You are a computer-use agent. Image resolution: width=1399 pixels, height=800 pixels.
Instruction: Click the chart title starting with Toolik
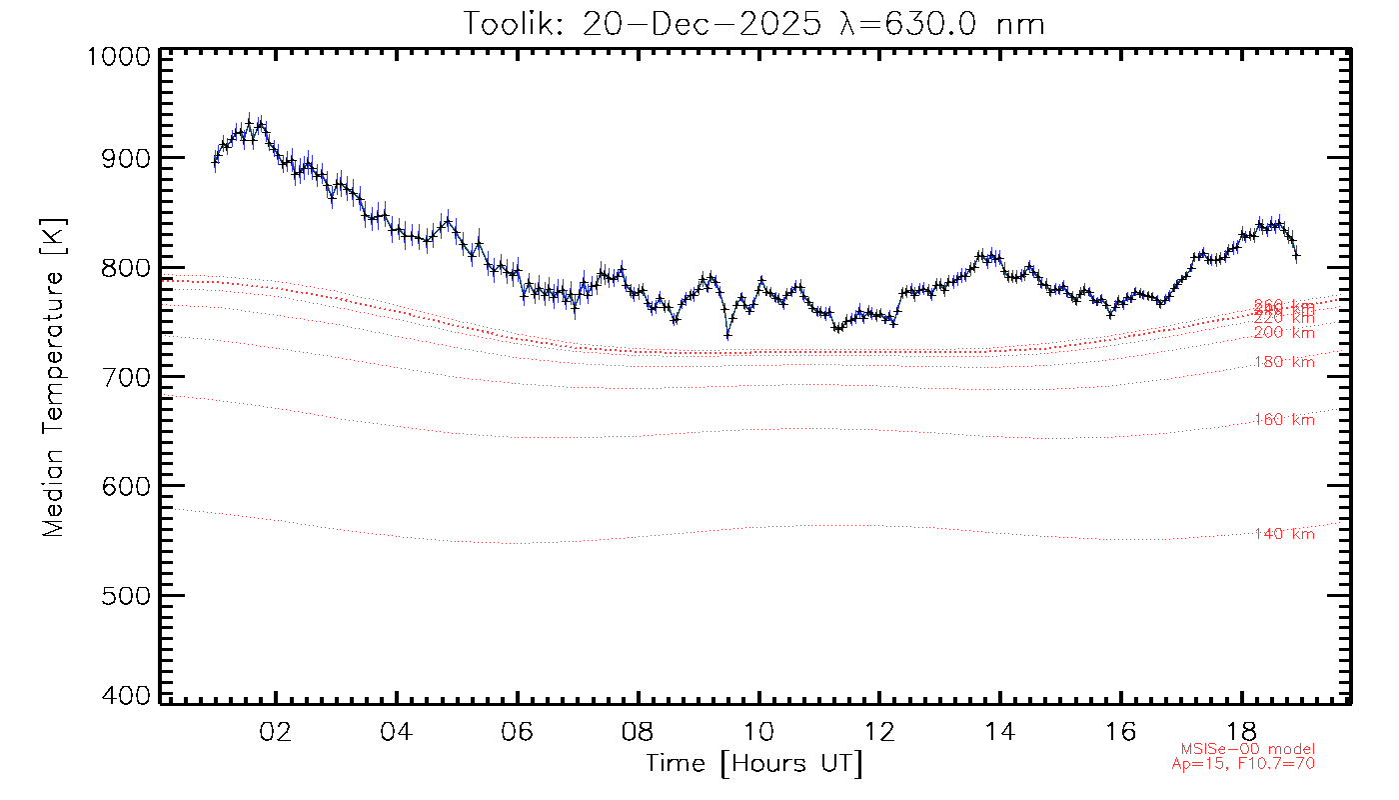754,22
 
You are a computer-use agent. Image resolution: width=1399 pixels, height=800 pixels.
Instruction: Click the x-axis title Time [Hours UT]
754,764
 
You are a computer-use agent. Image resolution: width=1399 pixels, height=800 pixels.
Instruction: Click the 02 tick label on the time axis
276,730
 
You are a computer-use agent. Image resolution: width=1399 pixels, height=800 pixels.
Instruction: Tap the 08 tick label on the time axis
639,730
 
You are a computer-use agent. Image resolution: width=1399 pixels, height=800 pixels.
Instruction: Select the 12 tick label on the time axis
879,730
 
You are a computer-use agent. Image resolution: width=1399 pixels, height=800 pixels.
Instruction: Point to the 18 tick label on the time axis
1242,730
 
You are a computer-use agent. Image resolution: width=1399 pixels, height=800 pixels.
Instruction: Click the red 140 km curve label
1284,535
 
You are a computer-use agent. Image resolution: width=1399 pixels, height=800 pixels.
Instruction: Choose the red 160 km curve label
1284,421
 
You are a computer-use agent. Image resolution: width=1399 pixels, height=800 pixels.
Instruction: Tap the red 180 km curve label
1284,363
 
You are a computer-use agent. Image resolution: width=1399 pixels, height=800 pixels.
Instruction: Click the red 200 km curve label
1284,333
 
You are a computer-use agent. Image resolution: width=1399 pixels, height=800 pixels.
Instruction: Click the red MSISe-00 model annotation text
1247,749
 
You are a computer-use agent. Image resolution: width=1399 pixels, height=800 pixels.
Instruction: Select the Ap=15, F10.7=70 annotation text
1243,764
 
